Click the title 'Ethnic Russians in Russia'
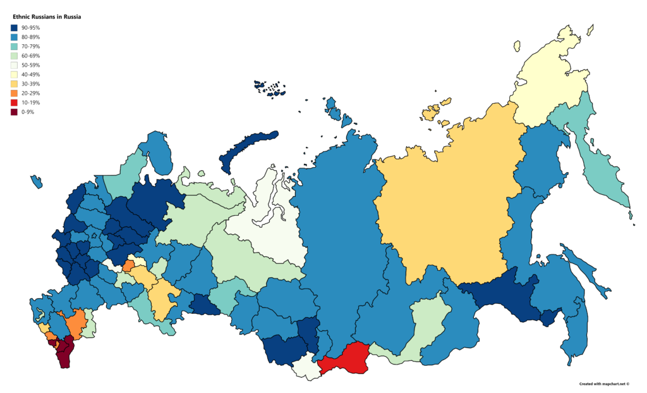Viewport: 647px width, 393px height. click(x=47, y=16)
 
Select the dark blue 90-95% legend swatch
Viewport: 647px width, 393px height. click(x=14, y=28)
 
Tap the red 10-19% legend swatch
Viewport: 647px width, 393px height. click(x=14, y=103)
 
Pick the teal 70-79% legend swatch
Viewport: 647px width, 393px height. click(x=14, y=46)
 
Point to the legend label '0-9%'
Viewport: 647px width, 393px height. click(x=28, y=112)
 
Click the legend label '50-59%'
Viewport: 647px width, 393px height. click(x=30, y=65)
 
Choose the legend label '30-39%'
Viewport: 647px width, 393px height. click(x=30, y=84)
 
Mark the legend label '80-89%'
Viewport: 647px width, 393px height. click(x=30, y=37)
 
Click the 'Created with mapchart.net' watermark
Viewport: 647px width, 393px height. click(x=605, y=384)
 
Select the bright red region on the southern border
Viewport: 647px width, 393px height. click(x=344, y=361)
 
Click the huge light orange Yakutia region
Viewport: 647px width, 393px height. click(x=449, y=209)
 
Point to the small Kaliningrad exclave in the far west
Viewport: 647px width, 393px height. click(x=36, y=182)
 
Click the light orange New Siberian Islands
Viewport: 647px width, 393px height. click(x=433, y=112)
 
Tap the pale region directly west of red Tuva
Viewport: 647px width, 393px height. click(x=307, y=367)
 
